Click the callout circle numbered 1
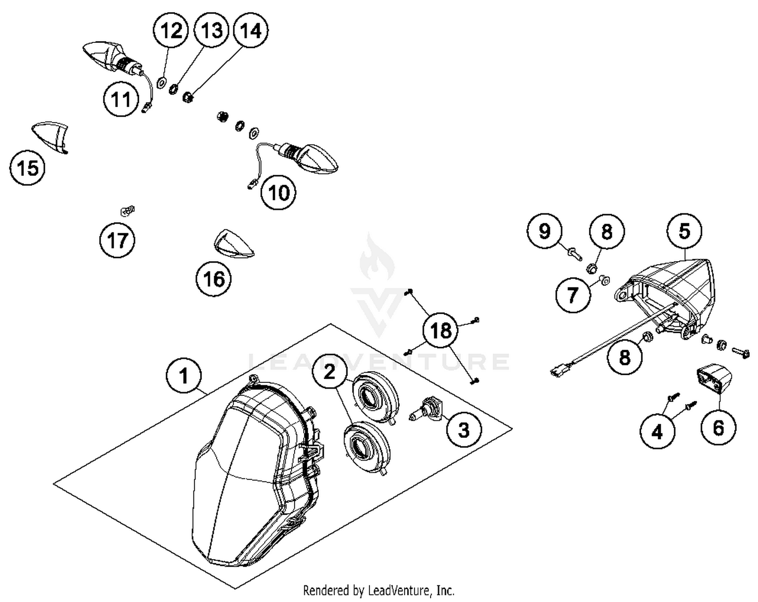tap(184, 376)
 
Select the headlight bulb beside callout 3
tap(427, 409)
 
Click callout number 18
tap(440, 331)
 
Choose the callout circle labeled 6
tap(718, 428)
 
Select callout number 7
tap(573, 294)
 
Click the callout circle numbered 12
tap(171, 31)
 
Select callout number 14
tap(251, 31)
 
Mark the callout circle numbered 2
tap(329, 373)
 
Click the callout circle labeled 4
tap(657, 432)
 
